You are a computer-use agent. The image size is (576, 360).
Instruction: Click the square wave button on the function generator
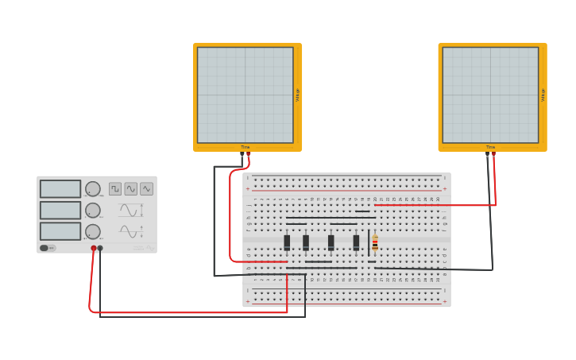(115, 189)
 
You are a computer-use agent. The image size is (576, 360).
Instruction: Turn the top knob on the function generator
(93, 189)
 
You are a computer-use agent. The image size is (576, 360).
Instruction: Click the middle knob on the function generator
(93, 211)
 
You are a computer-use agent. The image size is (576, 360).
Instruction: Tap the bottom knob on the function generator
(93, 231)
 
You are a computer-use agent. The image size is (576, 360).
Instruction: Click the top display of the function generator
(60, 189)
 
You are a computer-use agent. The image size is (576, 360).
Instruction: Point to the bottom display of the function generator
(60, 231)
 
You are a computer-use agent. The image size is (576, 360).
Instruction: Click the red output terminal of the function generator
(94, 249)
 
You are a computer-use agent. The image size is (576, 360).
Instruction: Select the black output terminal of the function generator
(100, 249)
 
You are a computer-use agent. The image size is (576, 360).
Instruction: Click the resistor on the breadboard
(375, 242)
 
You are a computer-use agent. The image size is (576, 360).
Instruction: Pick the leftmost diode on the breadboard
(287, 242)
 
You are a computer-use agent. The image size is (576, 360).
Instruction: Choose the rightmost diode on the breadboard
(356, 242)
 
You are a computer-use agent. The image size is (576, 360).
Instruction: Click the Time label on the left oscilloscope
(245, 147)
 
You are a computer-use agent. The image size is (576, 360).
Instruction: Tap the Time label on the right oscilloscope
(490, 147)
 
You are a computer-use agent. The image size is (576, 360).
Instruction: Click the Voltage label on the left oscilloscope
(298, 95)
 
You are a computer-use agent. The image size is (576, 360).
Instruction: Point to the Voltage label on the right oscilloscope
(543, 95)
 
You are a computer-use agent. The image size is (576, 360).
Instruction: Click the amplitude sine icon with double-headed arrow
(130, 211)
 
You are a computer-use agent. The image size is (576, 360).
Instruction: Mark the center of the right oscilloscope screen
(490, 95)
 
